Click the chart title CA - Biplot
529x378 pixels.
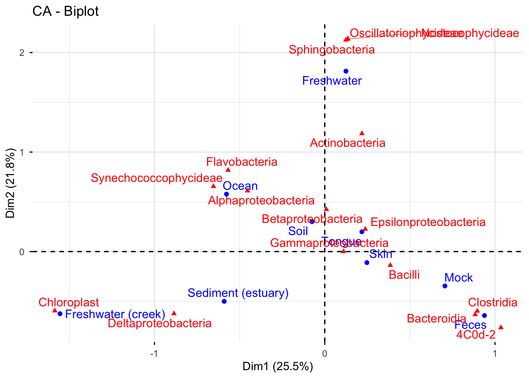coord(65,11)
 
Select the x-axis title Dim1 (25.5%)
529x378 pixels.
coord(277,367)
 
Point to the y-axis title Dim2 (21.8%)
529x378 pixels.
coord(11,183)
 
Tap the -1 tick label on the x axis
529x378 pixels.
coord(154,353)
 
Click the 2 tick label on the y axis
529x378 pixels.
coord(22,52)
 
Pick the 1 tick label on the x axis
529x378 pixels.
coord(495,353)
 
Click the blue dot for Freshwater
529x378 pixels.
coord(346,71)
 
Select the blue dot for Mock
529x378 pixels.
coord(445,286)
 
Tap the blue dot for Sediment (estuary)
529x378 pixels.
coord(224,302)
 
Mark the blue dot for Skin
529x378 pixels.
coord(367,263)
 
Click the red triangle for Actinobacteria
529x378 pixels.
coord(362,133)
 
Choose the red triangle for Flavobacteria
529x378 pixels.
coord(228,170)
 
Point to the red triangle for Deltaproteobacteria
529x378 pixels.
coord(174,313)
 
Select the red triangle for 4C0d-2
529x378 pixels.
coord(501,327)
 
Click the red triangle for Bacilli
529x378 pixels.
coord(390,265)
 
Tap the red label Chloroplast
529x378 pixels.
coord(69,302)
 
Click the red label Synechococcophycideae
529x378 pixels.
coord(157,178)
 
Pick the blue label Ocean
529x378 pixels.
coord(240,186)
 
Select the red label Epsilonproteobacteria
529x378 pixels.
coord(428,222)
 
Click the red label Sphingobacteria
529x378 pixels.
coord(331,50)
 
